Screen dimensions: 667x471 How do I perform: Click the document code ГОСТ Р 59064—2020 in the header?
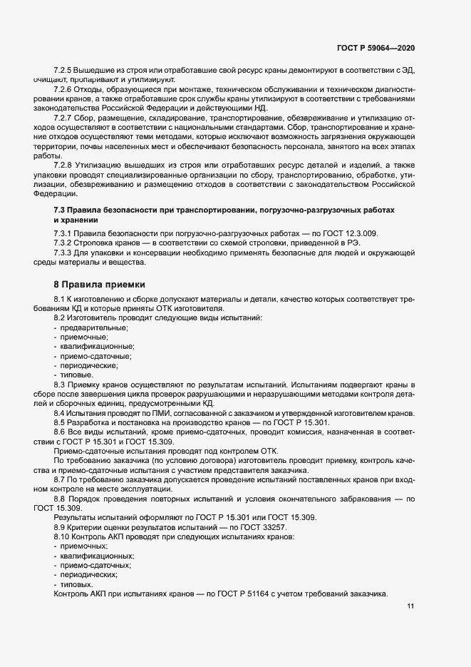click(x=376, y=49)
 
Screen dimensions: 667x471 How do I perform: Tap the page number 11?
click(x=410, y=606)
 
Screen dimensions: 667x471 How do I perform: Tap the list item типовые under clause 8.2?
click(x=76, y=375)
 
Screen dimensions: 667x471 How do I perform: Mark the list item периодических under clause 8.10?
click(x=90, y=574)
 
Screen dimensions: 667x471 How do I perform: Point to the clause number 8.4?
click(x=60, y=414)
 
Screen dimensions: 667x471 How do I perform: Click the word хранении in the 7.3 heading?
click(x=74, y=220)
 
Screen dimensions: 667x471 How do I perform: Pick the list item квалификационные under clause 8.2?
click(x=98, y=346)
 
